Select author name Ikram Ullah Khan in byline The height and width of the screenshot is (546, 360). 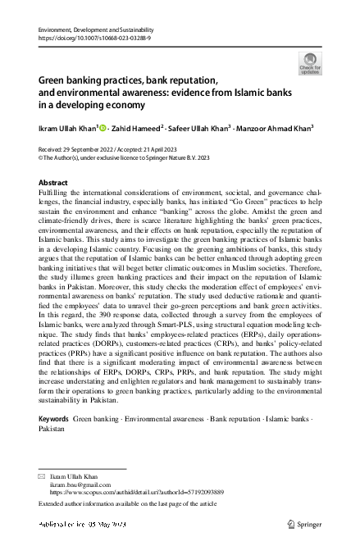pos(67,127)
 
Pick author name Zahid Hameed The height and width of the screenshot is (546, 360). pos(136,127)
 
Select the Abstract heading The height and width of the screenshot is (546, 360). pos(54,181)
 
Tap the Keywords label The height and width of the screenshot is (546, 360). pos(53,418)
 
